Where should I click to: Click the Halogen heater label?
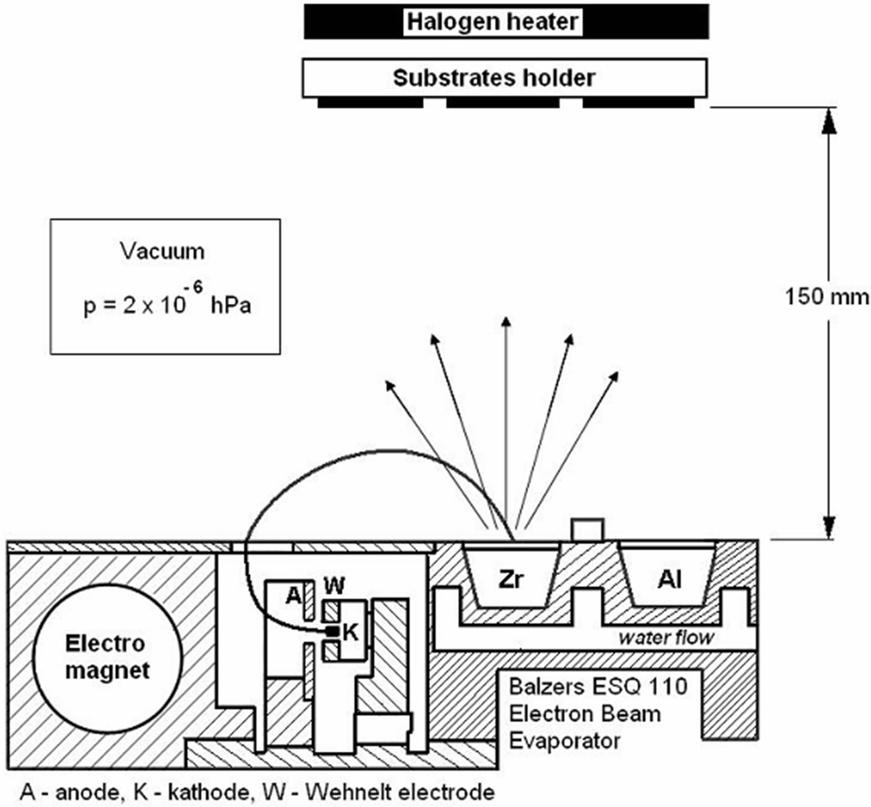[492, 22]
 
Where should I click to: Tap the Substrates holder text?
[494, 78]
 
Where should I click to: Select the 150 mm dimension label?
[826, 297]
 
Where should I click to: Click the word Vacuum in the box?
[163, 251]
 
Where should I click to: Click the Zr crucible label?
[511, 579]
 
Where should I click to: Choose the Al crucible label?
[669, 579]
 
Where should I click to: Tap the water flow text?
[666, 638]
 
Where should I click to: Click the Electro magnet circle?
[107, 658]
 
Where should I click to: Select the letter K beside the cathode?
[351, 632]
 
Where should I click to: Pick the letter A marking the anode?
[294, 595]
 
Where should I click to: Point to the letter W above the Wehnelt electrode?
[334, 585]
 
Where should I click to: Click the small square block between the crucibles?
[588, 529]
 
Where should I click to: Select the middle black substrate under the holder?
[503, 103]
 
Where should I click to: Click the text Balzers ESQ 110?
[598, 686]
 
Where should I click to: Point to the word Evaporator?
[564, 741]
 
